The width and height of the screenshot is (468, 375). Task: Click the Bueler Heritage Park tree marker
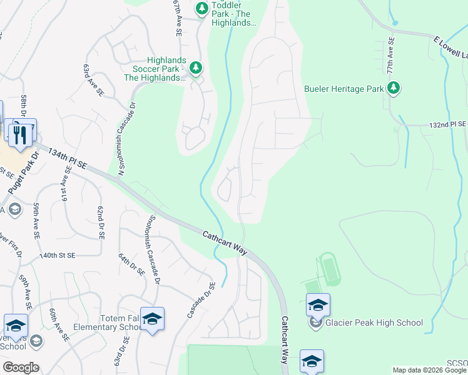click(394, 88)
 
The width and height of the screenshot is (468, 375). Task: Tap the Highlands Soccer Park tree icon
click(196, 67)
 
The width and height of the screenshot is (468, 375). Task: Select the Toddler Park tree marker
click(201, 8)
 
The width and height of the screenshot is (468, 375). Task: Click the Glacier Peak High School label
click(374, 323)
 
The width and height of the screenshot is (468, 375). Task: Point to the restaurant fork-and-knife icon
click(19, 132)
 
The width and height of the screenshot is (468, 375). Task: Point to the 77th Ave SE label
click(391, 56)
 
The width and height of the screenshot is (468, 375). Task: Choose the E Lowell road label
click(450, 47)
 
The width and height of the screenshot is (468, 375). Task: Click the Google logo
click(20, 367)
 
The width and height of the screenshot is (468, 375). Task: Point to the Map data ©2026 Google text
click(429, 370)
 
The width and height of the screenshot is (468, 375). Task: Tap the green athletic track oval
click(329, 269)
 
